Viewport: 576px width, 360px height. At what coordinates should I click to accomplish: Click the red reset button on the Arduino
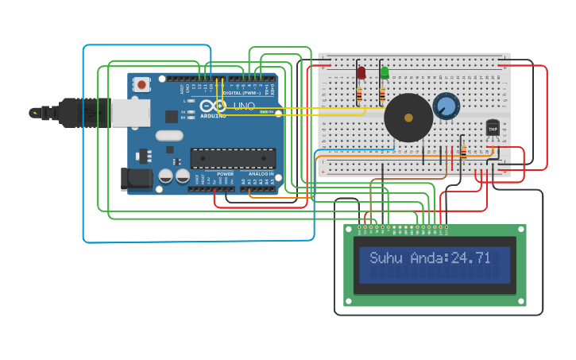[x=141, y=83]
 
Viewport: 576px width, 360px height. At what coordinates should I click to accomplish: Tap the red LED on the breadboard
[x=361, y=73]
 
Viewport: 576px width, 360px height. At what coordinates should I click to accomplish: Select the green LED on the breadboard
[x=385, y=73]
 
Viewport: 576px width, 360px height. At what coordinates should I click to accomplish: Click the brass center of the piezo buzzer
[x=408, y=118]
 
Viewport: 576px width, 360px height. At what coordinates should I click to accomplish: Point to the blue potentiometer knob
[x=446, y=106]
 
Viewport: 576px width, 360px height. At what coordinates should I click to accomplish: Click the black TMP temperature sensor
[x=493, y=128]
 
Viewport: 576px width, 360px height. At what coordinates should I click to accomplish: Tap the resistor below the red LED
[x=359, y=95]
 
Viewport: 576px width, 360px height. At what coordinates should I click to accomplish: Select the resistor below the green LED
[x=382, y=96]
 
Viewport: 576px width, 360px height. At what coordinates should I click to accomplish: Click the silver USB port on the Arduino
[x=130, y=113]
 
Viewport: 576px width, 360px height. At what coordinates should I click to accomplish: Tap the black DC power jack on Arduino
[x=136, y=179]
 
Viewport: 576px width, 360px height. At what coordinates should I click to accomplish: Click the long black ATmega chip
[x=233, y=158]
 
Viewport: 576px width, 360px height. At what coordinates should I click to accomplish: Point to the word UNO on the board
[x=245, y=106]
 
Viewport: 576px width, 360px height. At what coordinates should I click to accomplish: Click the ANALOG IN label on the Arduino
[x=260, y=173]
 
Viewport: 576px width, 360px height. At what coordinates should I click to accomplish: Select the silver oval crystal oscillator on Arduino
[x=169, y=135]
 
